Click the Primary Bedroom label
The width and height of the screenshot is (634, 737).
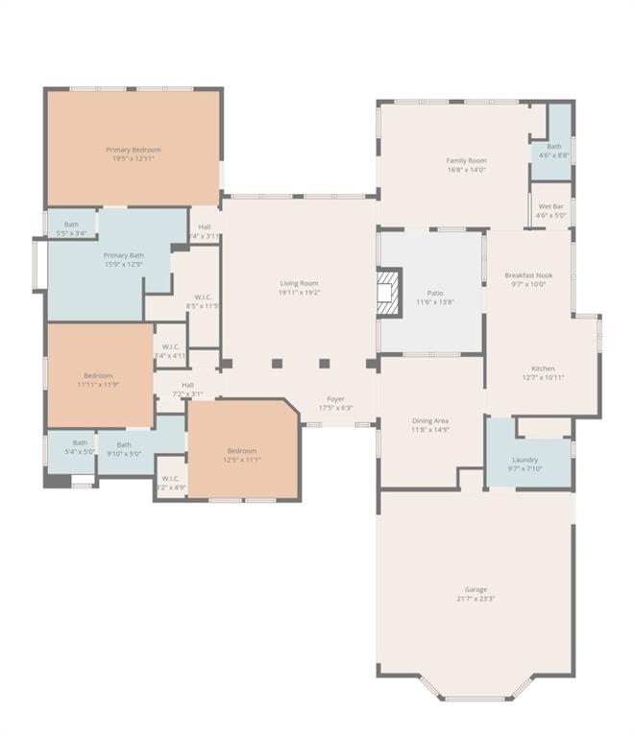(x=134, y=150)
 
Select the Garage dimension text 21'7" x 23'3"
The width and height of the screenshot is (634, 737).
(x=475, y=599)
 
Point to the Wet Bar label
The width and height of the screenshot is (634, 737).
(x=551, y=206)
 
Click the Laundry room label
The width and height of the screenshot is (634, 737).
(x=525, y=459)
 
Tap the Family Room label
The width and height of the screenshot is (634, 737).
(x=466, y=160)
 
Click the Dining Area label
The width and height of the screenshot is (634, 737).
(x=429, y=420)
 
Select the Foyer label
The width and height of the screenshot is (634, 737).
(x=335, y=398)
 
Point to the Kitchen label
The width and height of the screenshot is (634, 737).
(x=543, y=368)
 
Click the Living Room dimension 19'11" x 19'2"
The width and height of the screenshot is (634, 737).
(x=299, y=293)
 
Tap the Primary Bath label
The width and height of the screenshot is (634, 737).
(x=123, y=255)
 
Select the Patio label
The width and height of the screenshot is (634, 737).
(x=429, y=293)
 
